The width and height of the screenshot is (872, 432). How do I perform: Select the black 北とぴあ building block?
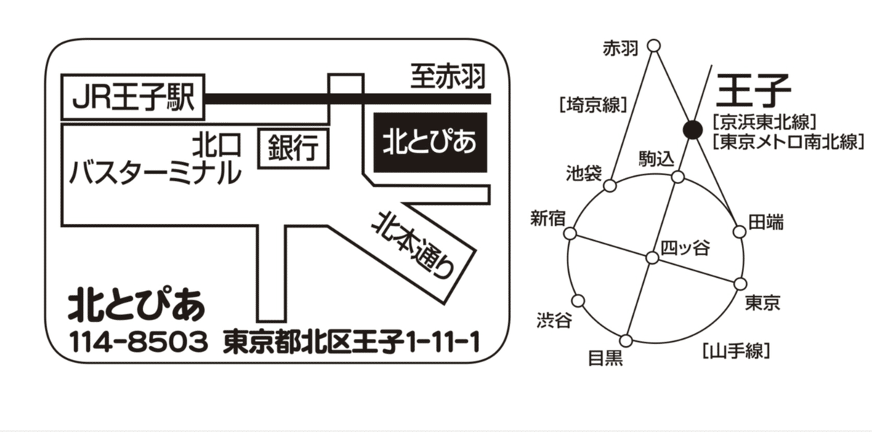430,143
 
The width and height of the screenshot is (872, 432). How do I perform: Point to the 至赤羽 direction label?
448,77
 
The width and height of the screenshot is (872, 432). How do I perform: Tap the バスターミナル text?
155,172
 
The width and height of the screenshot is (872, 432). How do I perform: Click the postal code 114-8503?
139,343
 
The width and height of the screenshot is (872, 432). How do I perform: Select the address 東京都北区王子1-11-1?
351,343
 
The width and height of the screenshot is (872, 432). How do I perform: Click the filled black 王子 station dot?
693,129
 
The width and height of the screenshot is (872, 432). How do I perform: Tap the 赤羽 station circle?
654,46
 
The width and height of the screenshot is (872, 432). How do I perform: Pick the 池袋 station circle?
610,185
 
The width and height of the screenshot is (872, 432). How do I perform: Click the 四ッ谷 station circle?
653,258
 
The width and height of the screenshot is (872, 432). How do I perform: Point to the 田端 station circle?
739,232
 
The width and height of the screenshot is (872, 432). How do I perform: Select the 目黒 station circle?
626,341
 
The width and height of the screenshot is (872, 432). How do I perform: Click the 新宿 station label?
548,218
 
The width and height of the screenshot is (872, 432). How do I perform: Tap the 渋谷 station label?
554,320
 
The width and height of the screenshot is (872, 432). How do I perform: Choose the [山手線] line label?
737,351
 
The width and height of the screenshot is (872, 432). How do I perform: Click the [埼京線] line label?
593,105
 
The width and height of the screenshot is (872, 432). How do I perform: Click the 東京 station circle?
740,284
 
